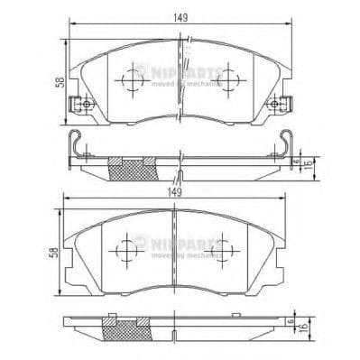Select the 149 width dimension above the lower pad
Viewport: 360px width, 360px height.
[180, 193]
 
